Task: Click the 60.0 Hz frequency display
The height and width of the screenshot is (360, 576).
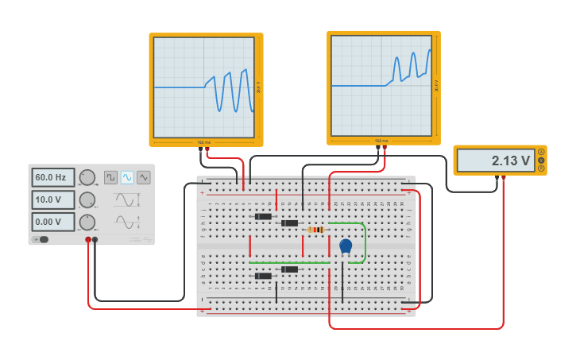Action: coord(53,177)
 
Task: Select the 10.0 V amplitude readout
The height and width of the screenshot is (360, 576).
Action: coord(53,199)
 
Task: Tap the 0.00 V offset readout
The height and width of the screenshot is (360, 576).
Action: coord(53,222)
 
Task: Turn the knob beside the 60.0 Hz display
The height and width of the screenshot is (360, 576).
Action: coord(87,177)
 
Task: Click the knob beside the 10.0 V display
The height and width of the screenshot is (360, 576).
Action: coord(87,199)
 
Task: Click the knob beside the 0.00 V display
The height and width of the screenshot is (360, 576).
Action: coord(87,222)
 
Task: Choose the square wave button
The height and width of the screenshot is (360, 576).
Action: coord(110,177)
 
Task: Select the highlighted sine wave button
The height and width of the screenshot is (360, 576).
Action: coord(127,177)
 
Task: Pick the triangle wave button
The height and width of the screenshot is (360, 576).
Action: coord(144,177)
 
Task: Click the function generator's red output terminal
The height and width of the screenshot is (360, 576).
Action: coord(88,239)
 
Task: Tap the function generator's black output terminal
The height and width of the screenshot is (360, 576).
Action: coord(95,239)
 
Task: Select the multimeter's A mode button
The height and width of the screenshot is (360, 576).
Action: coord(541,152)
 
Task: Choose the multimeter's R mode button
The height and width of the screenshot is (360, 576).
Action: coord(541,168)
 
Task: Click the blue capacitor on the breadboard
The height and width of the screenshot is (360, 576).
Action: coord(346,246)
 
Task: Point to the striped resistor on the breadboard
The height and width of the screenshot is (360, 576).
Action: coord(316,230)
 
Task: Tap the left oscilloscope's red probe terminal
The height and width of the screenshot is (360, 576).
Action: coord(207,148)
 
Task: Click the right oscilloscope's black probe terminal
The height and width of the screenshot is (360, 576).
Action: coord(378,147)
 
